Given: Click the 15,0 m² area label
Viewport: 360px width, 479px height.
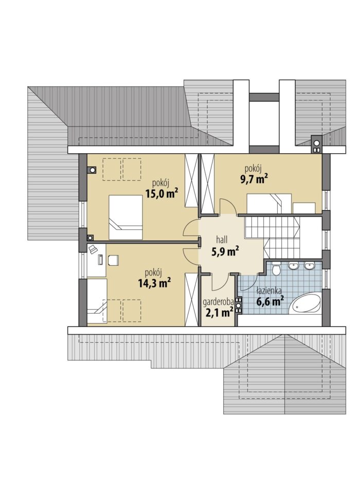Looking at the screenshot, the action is coord(161,193).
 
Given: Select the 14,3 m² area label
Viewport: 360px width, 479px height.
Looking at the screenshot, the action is coord(154,283).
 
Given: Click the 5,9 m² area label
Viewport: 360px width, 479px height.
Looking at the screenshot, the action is coord(225,251).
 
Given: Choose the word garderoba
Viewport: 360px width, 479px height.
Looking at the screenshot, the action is coord(219,302).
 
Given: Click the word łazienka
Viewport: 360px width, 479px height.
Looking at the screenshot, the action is coord(269,291).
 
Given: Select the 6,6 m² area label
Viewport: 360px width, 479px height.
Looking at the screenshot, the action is coord(270,302).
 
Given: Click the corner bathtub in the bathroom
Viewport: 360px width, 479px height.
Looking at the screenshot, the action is coord(305,303).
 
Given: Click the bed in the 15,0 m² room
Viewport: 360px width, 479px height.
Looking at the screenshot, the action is coord(125,217).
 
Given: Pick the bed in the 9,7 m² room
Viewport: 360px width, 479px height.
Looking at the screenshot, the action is coord(269,204).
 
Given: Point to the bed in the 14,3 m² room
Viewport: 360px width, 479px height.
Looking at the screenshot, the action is coord(97,301).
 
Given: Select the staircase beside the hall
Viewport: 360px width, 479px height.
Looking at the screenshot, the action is coord(283,237).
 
